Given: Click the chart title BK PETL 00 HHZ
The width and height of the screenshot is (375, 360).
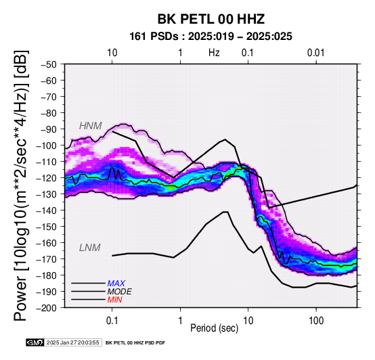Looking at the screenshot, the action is click(211, 19).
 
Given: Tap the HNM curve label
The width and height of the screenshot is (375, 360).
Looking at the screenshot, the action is click(91, 126).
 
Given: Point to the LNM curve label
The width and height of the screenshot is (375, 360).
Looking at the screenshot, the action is click(89, 248).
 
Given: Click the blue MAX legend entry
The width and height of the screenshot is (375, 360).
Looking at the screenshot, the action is click(116, 284).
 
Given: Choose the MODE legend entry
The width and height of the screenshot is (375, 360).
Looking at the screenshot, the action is click(119, 292).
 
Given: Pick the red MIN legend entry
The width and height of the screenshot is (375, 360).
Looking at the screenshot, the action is click(114, 300).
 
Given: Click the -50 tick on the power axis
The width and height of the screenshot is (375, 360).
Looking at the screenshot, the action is click(49, 64).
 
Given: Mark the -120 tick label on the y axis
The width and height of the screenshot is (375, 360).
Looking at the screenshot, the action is click(47, 178).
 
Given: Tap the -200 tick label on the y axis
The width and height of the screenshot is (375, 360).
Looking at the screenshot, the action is click(47, 308).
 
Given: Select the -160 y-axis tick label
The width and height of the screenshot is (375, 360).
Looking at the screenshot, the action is click(47, 243).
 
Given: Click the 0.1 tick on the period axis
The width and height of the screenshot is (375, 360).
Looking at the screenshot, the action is click(112, 321).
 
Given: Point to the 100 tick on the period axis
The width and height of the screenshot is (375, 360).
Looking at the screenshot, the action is click(316, 321).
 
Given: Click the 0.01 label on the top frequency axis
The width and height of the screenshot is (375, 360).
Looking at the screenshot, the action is click(315, 53).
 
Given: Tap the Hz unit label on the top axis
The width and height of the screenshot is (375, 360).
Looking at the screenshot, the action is click(214, 53).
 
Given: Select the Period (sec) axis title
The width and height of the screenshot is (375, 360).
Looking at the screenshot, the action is click(215, 328).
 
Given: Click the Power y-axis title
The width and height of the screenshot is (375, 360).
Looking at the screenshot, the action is click(21, 185).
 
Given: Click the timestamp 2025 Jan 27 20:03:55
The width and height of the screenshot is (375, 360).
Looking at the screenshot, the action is click(72, 342).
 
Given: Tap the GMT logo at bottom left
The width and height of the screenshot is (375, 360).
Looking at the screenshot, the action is click(35, 342).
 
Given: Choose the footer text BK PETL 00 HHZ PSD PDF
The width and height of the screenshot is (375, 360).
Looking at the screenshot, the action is click(135, 343).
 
